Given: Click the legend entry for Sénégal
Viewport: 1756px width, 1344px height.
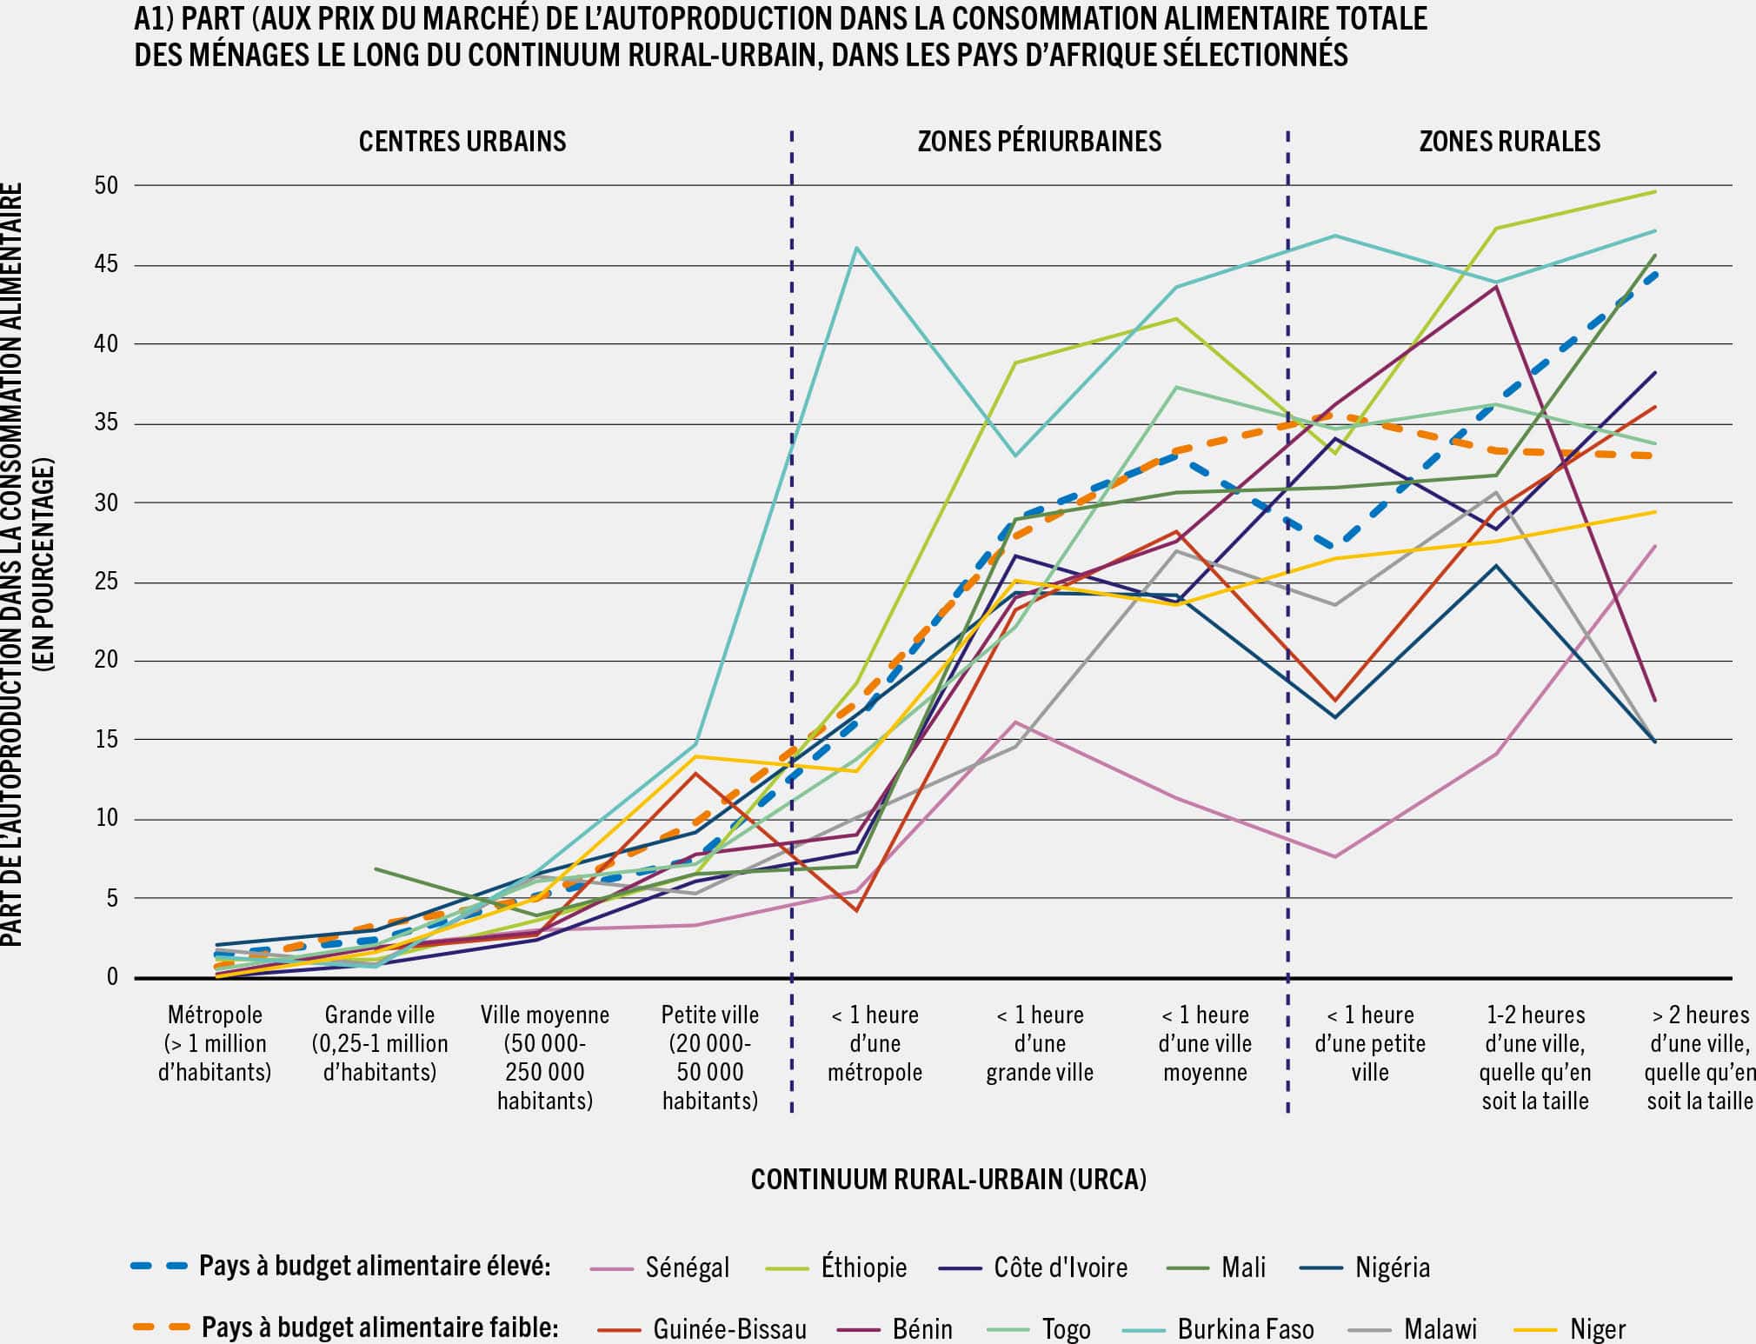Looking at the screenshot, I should coord(687,1267).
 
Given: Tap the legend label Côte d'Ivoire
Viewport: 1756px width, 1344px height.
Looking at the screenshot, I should coord(1060,1267).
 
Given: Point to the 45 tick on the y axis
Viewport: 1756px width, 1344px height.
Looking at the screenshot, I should coord(106,265).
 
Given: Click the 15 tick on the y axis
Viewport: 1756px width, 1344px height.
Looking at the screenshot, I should coord(106,740).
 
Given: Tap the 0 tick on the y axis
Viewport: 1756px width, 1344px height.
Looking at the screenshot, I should coord(112,977).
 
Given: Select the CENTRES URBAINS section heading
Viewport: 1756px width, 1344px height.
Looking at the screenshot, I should coord(462,141).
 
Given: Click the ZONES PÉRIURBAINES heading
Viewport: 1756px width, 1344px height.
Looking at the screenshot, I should coord(1039,141).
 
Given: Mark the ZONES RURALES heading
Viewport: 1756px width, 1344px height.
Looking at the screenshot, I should coord(1509,141).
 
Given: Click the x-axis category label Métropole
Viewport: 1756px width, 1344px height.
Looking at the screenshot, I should coord(215,1015).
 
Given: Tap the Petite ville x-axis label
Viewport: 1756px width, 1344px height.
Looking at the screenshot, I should coord(709,1015).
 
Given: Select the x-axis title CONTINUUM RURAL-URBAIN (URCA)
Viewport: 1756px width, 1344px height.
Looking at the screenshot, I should coord(948,1179).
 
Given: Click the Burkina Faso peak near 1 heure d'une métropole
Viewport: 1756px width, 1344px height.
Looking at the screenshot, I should coord(857,248).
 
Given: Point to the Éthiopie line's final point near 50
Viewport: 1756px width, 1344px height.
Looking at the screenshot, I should coord(1654,191).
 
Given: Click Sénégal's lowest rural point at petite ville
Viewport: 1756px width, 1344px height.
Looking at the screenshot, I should coord(1334,857).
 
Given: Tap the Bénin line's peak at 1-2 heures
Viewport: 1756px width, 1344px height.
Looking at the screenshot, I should coord(1495,287).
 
